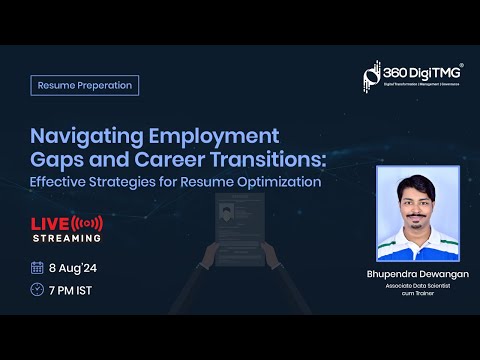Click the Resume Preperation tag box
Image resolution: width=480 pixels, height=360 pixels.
click(x=84, y=85)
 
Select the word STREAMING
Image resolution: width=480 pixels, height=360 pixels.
click(x=66, y=238)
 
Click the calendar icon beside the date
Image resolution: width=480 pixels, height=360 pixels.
click(x=37, y=267)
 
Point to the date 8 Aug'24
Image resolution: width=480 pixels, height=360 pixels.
click(x=74, y=268)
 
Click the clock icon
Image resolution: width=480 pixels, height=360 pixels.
click(x=37, y=290)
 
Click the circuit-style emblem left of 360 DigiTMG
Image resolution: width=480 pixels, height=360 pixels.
click(x=371, y=76)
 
